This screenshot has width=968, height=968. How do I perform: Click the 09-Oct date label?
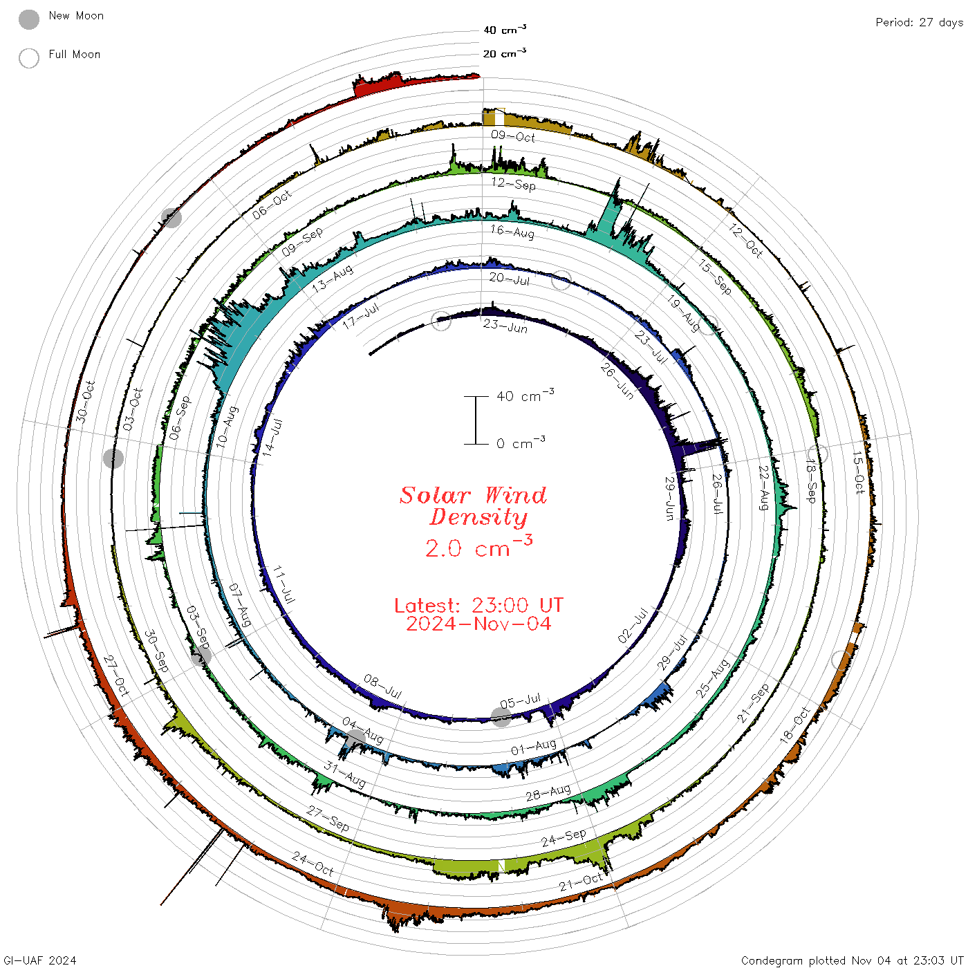point(513,136)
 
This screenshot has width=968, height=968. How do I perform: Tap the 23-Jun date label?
point(505,326)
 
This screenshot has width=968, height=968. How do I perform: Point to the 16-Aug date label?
point(512,231)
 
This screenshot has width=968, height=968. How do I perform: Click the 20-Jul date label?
point(510,279)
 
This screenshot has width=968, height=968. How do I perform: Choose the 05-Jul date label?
point(521,700)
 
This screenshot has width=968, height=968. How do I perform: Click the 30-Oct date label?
point(85,401)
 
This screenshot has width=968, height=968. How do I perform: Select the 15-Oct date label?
point(859,473)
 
